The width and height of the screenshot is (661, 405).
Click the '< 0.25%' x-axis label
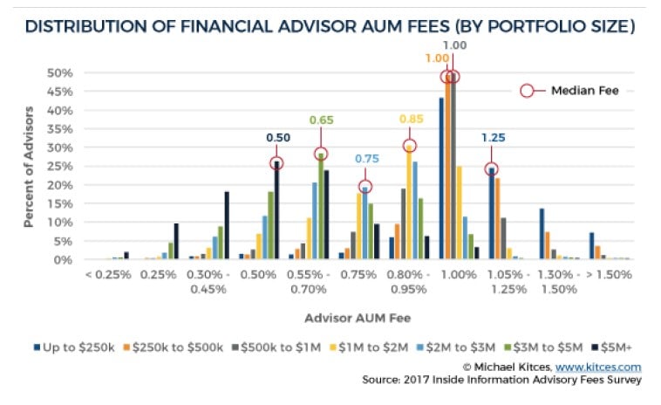[109, 274]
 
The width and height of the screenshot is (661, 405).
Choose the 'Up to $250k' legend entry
[74, 349]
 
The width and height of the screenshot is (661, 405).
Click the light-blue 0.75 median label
[365, 160]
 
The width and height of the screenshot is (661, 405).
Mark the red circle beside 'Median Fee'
[526, 90]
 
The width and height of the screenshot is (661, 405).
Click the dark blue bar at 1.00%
[441, 178]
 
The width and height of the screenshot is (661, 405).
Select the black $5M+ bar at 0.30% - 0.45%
[227, 225]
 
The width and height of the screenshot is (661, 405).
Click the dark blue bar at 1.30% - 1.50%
[542, 233]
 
